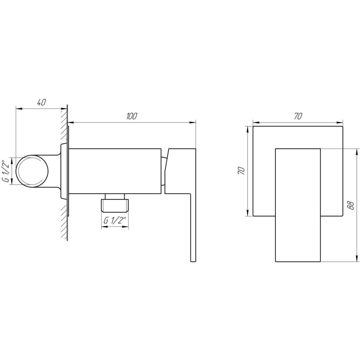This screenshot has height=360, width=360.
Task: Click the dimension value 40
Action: click(41, 102)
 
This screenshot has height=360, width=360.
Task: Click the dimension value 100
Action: click(132, 116)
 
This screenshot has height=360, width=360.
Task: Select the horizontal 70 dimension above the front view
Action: click(298, 116)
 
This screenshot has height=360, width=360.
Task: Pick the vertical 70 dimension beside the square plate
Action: click(242, 171)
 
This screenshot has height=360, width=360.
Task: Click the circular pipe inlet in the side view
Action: click(33, 171)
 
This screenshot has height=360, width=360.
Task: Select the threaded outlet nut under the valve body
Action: click(114, 204)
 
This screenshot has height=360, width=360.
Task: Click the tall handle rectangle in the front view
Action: click(298, 205)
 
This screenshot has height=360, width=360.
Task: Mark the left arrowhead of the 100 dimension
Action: click(71, 123)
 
